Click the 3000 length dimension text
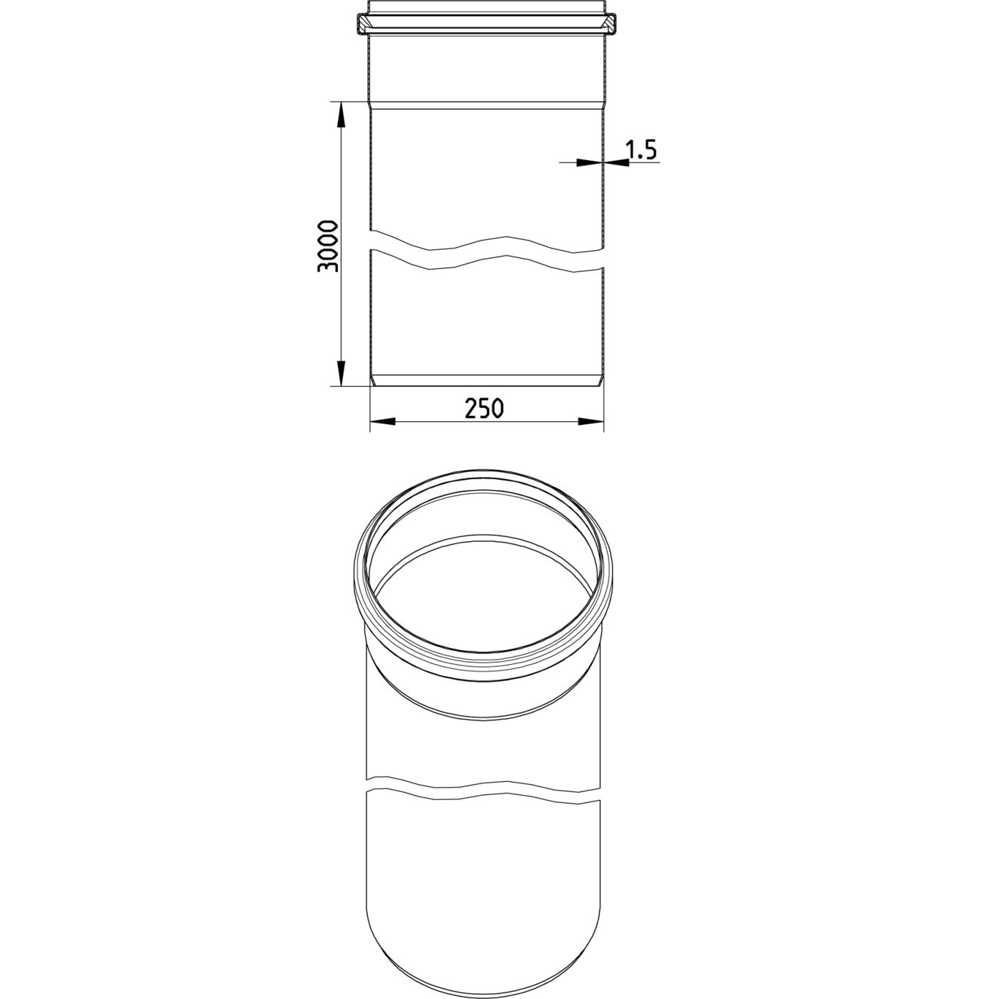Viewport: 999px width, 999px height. point(328,246)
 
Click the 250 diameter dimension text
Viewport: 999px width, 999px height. point(483,409)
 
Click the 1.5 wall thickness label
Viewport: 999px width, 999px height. point(641,150)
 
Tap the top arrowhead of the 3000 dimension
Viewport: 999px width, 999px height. point(341,114)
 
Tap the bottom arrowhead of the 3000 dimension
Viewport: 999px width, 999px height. point(341,373)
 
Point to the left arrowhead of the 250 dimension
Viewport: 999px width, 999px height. point(382,421)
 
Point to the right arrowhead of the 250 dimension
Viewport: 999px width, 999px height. point(592,421)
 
